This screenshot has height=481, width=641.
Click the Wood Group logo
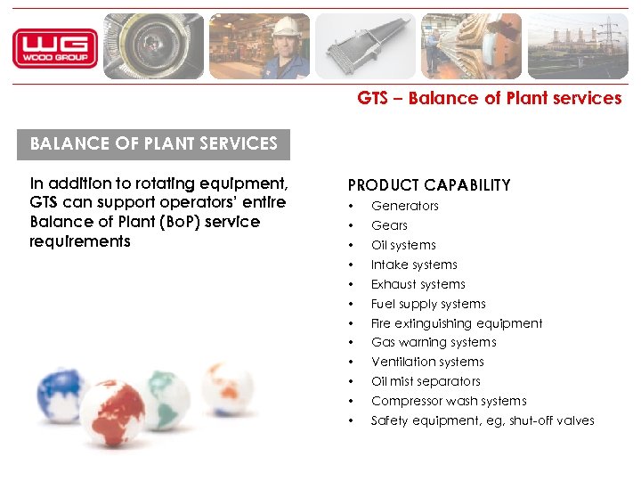54,48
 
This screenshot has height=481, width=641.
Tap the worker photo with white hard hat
259,46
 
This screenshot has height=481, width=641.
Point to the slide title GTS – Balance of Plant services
490,99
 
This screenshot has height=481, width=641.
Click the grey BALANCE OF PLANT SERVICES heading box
154,143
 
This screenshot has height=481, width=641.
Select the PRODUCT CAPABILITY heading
429,185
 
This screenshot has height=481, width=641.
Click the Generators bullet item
405,206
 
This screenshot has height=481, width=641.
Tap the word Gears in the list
389,225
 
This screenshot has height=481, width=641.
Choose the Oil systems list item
403,245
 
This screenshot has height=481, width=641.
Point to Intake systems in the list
414,265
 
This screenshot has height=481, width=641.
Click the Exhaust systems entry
418,284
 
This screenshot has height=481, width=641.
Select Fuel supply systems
428,304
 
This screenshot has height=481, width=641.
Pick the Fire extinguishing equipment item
457,323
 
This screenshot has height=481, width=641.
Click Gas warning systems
434,342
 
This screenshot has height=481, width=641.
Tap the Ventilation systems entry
427,362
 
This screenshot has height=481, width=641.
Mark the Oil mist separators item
426,381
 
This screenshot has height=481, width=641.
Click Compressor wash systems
449,401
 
